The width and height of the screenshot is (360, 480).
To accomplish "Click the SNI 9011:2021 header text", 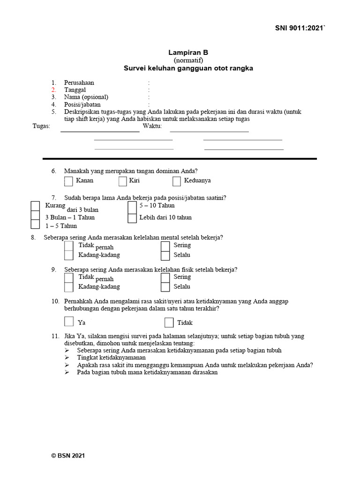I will click(300, 29).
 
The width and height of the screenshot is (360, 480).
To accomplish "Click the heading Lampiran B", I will click(188, 53).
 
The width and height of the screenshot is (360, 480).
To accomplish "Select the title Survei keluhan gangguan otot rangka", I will click(188, 68).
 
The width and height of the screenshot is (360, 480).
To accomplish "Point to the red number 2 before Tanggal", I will click(54, 90).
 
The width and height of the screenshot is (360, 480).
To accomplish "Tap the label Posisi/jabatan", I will click(82, 105).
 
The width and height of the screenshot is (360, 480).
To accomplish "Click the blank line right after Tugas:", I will click(100, 131).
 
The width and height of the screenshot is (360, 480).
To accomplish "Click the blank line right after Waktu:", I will click(209, 131).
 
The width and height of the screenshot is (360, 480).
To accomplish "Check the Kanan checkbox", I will click(68, 181).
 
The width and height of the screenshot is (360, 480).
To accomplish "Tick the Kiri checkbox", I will click(123, 181).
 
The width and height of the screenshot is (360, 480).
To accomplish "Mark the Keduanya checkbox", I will click(177, 181).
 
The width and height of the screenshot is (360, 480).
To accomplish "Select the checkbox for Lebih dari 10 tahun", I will click(132, 217).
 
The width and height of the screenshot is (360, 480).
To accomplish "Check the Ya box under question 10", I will click(69, 322).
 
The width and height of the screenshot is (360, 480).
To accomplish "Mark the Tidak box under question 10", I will click(169, 322).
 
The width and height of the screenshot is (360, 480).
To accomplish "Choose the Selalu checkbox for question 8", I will click(165, 255).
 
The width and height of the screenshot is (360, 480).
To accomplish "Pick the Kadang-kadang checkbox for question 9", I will click(69, 287).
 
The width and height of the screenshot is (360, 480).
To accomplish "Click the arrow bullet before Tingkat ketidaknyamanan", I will click(67, 358).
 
